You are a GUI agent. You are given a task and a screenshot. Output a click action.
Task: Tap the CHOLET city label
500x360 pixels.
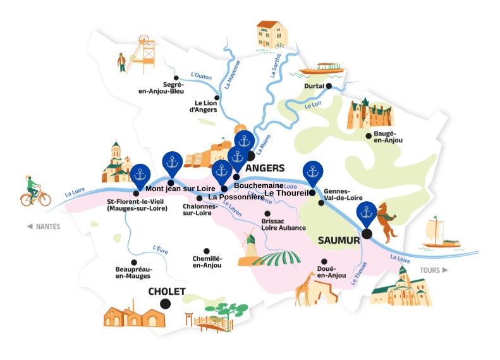point(167,292)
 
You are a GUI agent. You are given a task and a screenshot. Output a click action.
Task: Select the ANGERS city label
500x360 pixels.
point(265,168)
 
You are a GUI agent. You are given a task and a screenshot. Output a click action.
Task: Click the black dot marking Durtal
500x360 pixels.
point(329,86)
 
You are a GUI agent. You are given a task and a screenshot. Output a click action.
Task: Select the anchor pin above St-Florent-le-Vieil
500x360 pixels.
point(140,175)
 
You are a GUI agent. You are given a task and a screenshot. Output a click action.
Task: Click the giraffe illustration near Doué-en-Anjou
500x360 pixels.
point(305,288)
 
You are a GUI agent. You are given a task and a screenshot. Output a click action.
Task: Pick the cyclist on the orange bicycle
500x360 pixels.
point(35,190)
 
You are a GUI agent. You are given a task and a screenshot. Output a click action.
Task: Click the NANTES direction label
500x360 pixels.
point(43,227)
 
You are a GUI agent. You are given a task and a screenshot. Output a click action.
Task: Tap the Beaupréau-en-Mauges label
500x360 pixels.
point(134,273)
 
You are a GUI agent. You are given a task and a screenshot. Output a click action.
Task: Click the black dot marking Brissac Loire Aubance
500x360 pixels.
point(267,214)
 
